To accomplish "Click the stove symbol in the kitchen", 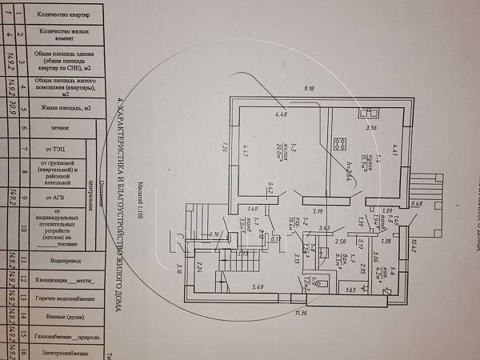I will coord(338,145).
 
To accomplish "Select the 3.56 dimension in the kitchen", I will coord(371,128).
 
